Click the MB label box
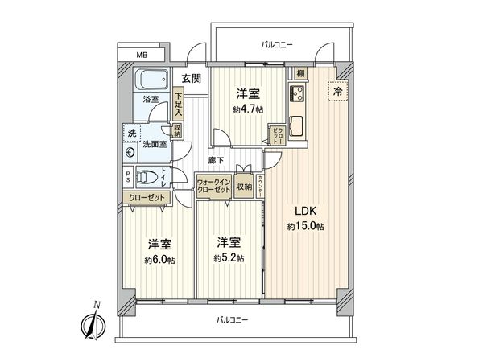tap(142, 56)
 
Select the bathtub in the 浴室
tap(151, 81)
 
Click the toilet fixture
tap(146, 177)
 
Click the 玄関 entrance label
tap(191, 78)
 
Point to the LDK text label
tap(303, 212)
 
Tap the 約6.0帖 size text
tap(159, 259)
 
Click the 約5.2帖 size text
tap(229, 257)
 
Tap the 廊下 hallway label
tap(217, 161)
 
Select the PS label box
tap(128, 177)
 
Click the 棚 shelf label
tap(299, 72)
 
